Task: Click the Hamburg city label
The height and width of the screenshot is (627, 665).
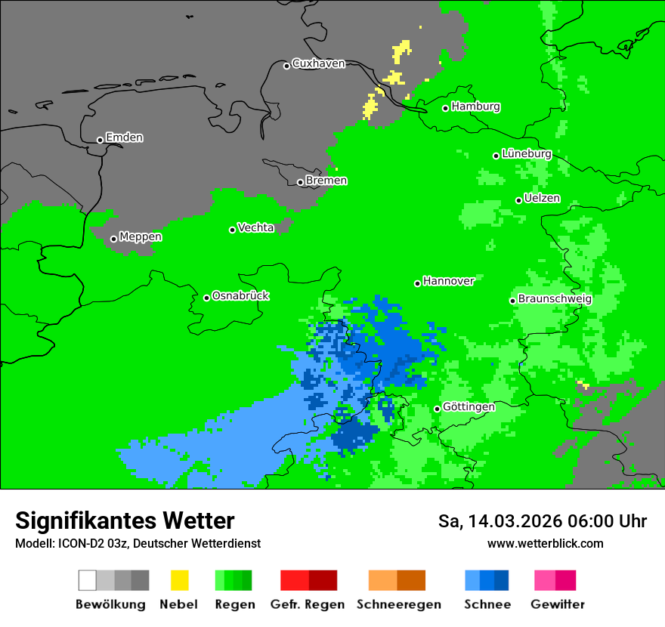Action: pos(475,107)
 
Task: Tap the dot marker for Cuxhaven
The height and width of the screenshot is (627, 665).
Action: pos(286,66)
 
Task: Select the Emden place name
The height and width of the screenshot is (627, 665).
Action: pos(124,137)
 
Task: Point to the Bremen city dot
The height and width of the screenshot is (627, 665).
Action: pos(300,182)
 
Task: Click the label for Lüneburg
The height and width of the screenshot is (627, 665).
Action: pos(526,153)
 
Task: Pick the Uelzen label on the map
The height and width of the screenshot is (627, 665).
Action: pos(542,198)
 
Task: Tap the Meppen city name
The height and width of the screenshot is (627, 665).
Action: pos(141,236)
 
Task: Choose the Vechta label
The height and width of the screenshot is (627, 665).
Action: pos(255,227)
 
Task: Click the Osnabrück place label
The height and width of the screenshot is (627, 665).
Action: pos(240,295)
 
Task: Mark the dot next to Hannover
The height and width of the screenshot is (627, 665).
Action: pos(417,283)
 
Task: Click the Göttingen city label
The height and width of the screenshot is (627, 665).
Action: pos(469,406)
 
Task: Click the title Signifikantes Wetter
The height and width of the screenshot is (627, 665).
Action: pos(125,520)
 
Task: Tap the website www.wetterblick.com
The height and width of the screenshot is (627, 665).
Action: pos(545,543)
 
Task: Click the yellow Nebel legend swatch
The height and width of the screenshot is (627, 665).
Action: pos(179,580)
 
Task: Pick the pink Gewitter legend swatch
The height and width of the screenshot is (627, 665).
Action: pos(545,580)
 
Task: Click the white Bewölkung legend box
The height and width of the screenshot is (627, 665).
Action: pos(88,580)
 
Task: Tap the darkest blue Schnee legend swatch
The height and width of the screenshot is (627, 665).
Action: pos(501,580)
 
